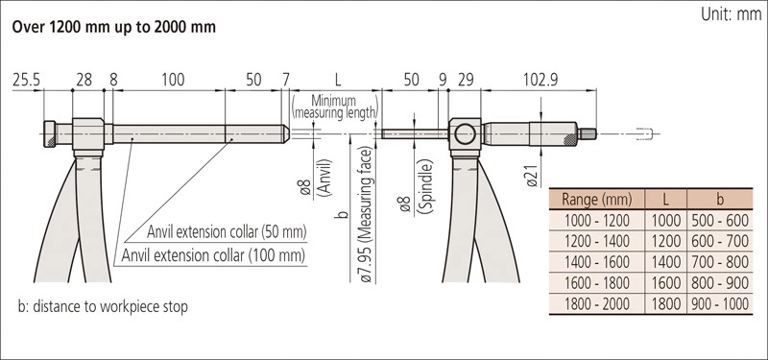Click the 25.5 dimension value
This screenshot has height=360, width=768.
27,80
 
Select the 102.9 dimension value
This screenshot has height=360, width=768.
540,80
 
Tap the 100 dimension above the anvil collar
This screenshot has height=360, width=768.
173,80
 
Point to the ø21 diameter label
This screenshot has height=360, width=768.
533,175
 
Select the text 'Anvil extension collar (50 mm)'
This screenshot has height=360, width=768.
227,231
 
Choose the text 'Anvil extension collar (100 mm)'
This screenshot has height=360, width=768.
213,255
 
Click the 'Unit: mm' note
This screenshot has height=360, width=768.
731,14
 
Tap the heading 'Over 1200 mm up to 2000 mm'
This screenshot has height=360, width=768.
113,27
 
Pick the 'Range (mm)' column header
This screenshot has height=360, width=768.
596,200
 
